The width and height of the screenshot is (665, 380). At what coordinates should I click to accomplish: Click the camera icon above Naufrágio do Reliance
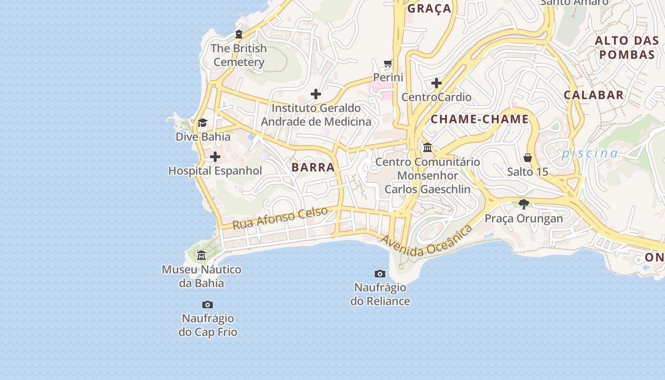click(x=380, y=274)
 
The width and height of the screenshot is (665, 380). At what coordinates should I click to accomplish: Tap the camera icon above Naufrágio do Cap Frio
click(x=208, y=304)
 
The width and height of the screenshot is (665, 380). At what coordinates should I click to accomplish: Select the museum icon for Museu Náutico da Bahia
click(x=201, y=256)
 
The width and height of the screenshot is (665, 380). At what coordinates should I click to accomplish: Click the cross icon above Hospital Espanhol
click(x=215, y=157)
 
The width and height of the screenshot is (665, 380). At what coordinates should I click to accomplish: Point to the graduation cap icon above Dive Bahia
click(x=203, y=123)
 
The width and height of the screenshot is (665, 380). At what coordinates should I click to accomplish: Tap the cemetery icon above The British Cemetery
click(x=239, y=34)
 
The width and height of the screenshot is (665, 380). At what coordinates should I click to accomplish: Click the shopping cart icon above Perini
click(x=388, y=64)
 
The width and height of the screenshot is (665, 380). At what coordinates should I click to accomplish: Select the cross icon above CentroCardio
click(x=437, y=84)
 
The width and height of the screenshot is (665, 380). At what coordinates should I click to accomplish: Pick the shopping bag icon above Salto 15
click(x=527, y=158)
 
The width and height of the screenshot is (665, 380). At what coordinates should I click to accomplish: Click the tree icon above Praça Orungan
click(x=524, y=204)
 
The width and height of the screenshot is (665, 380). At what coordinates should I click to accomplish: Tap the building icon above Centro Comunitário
click(x=427, y=148)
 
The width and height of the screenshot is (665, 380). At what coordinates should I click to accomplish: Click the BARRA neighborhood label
click(x=313, y=167)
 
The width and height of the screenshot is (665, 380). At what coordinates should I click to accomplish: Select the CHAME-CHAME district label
click(x=480, y=119)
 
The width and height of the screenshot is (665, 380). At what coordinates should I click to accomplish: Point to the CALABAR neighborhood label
click(x=594, y=95)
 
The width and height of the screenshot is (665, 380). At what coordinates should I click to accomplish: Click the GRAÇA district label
click(x=429, y=9)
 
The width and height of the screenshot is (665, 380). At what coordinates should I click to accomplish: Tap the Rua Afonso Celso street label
click(x=280, y=218)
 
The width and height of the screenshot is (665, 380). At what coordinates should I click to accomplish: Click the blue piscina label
click(x=589, y=153)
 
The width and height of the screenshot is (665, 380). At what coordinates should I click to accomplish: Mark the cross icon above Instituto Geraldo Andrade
click(x=316, y=94)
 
